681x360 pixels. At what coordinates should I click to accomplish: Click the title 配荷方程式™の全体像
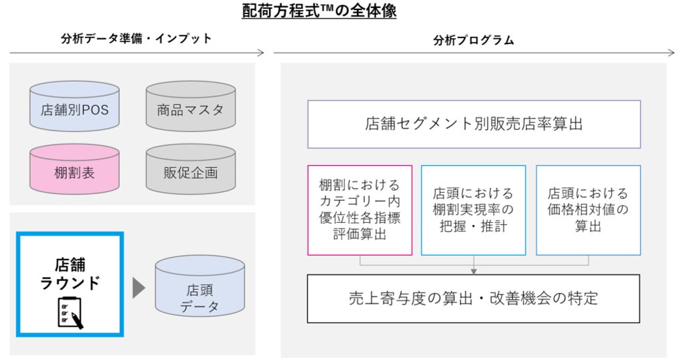319,11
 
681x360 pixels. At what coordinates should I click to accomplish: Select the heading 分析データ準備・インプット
136,39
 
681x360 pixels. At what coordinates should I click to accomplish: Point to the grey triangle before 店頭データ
139,288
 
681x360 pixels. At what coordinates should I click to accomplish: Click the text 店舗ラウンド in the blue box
70,274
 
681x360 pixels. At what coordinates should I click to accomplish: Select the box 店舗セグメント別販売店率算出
473,124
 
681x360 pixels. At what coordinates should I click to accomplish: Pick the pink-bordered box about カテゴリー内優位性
360,210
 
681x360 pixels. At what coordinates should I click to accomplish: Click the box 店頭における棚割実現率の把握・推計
473,210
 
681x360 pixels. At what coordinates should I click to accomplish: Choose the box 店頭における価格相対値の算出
588,210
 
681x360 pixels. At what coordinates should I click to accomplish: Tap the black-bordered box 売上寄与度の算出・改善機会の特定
473,298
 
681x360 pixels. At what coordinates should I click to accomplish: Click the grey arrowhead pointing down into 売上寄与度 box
473,270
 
